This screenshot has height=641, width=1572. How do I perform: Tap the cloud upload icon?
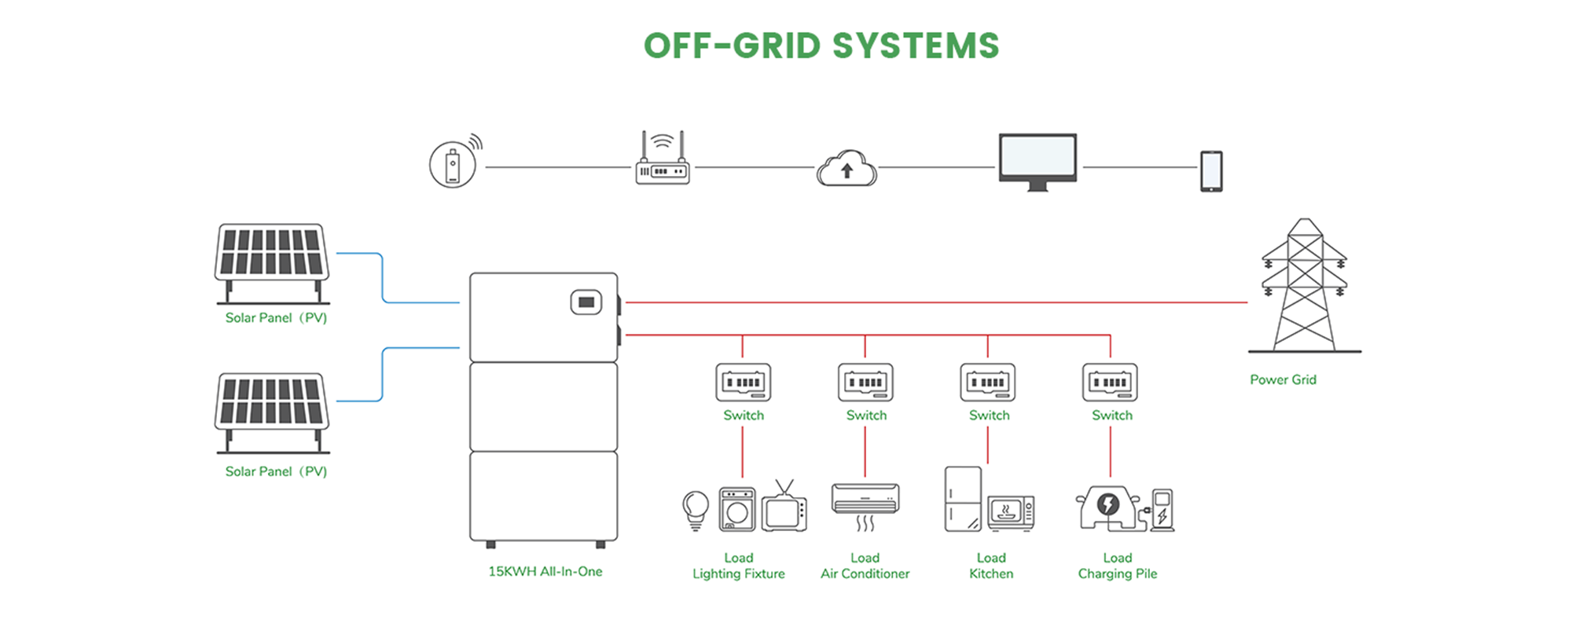847,168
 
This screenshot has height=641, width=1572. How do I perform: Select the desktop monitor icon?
1038,161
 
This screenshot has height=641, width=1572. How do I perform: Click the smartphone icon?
1211,171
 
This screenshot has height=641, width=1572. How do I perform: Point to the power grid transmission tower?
1305,287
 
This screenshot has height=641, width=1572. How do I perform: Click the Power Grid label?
1283,379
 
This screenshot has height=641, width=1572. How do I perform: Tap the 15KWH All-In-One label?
545,572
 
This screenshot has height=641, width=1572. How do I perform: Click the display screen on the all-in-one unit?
586,302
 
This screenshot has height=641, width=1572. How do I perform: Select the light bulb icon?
696,509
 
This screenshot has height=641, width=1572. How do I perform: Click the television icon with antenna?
784,508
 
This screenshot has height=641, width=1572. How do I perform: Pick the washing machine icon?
737,509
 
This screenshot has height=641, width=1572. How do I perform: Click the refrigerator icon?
963,500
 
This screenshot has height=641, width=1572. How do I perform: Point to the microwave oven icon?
1011,513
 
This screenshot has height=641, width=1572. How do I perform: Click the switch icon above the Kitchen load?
988,383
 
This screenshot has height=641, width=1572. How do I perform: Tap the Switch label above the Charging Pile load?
1111,416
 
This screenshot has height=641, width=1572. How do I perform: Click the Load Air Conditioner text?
865,566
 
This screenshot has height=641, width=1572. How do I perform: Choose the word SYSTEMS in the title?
916,46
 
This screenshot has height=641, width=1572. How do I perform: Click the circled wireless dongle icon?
454,165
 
